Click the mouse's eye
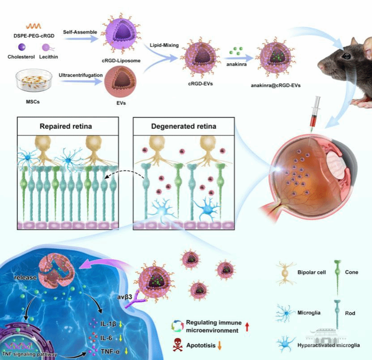(x=346, y=56)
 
